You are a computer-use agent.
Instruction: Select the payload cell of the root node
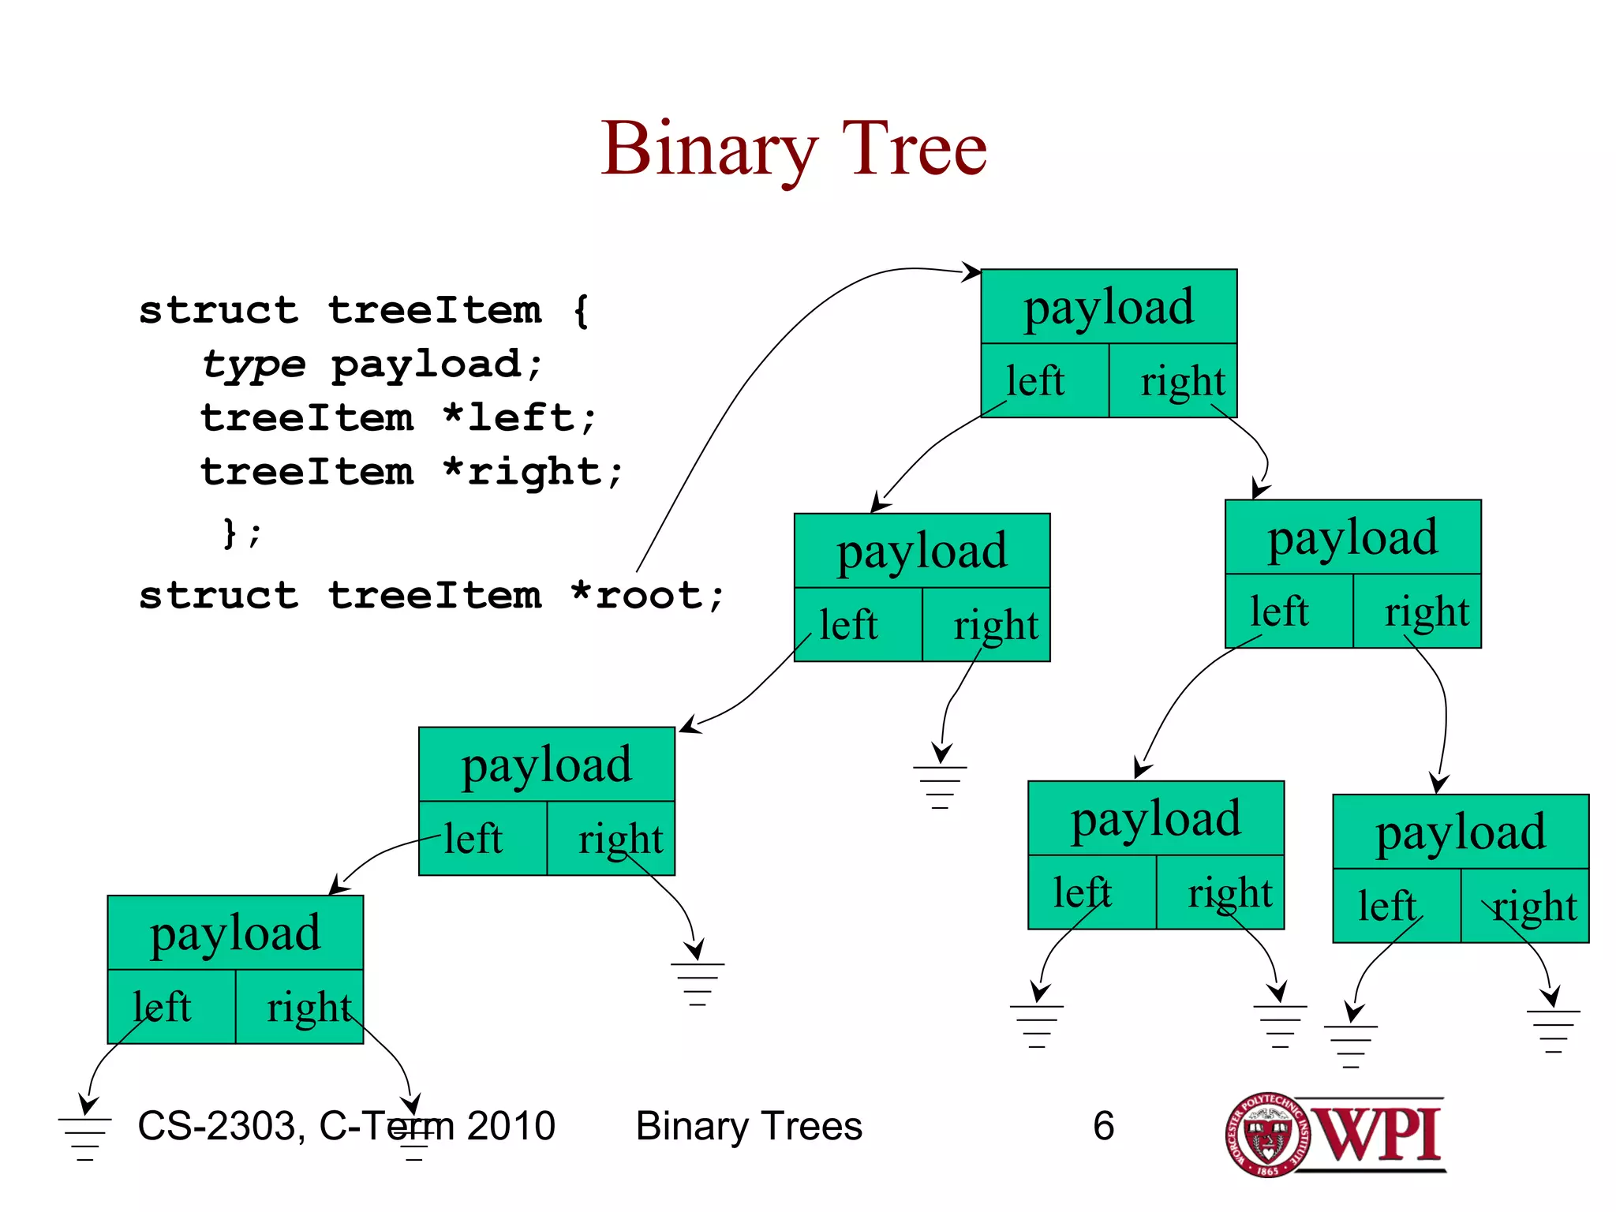coord(1109,307)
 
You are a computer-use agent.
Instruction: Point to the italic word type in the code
coord(252,365)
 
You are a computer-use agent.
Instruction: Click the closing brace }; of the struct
coord(241,533)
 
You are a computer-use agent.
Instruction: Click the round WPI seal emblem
coord(1267,1135)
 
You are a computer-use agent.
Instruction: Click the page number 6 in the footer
coord(1103,1126)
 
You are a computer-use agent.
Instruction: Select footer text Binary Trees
coord(749,1126)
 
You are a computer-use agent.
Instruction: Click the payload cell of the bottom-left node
coord(235,933)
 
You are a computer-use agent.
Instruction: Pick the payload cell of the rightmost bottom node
coord(1461,832)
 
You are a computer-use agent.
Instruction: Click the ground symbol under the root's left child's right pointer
coord(940,785)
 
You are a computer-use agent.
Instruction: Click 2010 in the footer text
coord(511,1126)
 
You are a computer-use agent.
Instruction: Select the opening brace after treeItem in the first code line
coord(582,310)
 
